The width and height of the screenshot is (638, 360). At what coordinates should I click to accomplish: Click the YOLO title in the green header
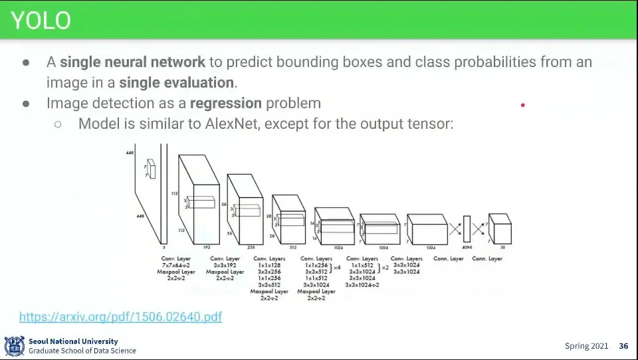pos(40,21)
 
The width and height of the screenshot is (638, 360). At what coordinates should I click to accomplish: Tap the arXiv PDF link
pos(120,317)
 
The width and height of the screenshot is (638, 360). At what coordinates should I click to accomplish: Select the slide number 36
pos(623,346)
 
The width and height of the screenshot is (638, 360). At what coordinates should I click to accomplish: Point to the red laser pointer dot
pos(523,105)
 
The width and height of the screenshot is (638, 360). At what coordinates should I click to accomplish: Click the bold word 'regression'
pos(226,104)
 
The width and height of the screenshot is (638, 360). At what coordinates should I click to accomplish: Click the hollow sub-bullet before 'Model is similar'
pos(58,124)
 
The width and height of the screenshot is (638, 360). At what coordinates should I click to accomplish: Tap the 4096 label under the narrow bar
pos(467,247)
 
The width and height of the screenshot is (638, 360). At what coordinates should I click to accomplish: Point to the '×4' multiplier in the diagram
pos(336,267)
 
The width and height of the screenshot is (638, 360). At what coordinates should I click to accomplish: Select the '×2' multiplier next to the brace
pos(385,267)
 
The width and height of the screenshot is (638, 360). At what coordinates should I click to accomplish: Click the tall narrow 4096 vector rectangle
pos(467,230)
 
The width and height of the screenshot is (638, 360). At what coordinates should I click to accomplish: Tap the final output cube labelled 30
pos(500,229)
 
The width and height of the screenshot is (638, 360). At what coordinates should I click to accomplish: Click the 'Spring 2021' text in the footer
pos(586,346)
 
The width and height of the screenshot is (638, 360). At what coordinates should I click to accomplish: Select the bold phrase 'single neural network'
pos(132,62)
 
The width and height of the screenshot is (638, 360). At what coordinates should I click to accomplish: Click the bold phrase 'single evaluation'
pos(176,83)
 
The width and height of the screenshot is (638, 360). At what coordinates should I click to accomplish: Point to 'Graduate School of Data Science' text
pos(82,351)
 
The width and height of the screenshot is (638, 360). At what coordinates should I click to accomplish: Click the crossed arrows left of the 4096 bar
pos(455,230)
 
